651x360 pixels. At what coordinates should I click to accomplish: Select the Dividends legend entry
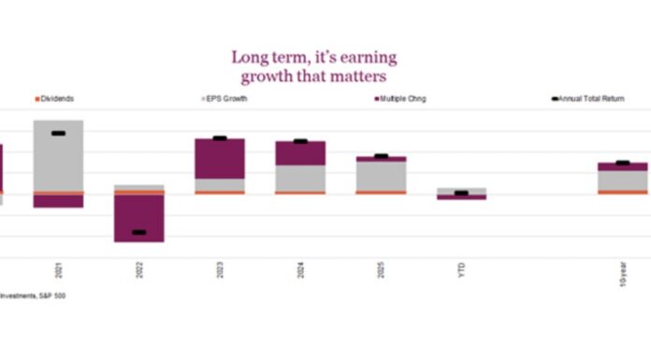[56, 98]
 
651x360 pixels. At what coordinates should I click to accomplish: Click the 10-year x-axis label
[622, 272]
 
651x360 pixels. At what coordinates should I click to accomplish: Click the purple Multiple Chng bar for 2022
[139, 219]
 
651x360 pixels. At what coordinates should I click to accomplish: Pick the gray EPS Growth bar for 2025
[381, 176]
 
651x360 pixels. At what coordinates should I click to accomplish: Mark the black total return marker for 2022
[139, 232]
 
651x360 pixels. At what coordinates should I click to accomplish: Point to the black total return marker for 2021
[59, 134]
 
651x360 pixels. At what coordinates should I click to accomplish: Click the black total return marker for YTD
[461, 194]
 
